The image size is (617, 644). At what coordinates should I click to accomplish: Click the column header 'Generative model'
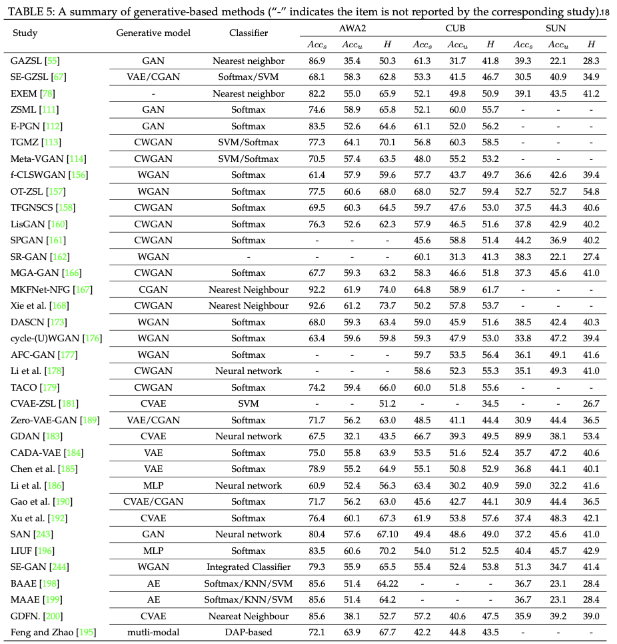pyautogui.click(x=153, y=33)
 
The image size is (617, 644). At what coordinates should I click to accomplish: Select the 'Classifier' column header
pyautogui.click(x=249, y=33)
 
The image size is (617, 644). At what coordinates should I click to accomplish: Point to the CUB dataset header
pyautogui.click(x=456, y=27)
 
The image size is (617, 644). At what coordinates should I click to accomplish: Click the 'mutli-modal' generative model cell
pyautogui.click(x=153, y=631)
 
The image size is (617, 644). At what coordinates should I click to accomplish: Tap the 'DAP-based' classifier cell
pyautogui.click(x=249, y=631)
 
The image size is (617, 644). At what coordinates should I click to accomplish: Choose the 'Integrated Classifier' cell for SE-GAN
pyautogui.click(x=249, y=567)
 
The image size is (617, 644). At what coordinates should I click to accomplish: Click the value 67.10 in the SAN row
pyautogui.click(x=387, y=534)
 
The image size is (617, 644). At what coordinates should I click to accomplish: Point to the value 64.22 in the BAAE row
pyautogui.click(x=387, y=583)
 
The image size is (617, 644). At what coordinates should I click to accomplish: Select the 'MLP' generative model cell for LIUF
pyautogui.click(x=153, y=551)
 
